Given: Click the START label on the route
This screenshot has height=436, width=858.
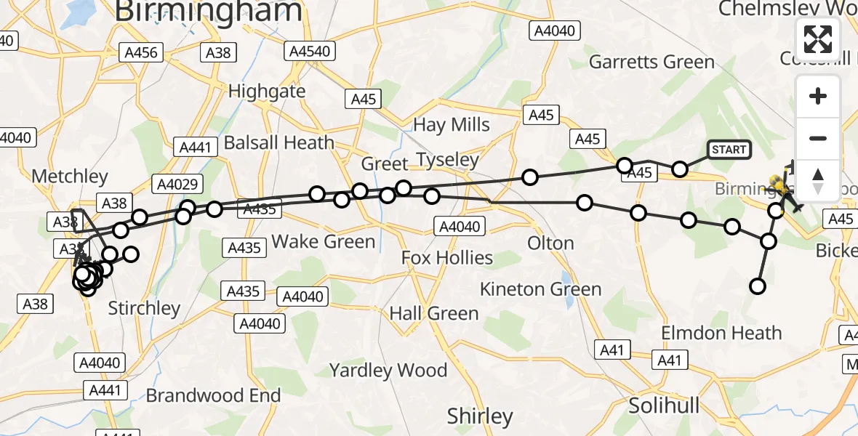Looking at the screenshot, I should click(729, 150).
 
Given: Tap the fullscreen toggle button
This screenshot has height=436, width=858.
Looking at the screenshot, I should click(818, 39).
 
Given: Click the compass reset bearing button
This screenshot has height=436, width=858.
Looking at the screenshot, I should click(818, 179).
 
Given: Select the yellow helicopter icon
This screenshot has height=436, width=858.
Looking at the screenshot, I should click(779, 182).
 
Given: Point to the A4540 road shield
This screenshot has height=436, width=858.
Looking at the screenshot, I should click(310, 52).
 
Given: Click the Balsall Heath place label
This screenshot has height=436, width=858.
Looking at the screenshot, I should click(279, 142).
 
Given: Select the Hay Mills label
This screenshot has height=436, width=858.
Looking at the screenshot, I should click(452, 124).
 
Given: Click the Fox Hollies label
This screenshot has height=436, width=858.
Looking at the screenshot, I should click(447, 257).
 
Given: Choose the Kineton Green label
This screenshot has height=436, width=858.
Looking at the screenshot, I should click(540, 289).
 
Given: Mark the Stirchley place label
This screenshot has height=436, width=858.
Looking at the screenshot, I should click(144, 308).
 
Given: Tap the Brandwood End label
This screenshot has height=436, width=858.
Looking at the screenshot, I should click(213, 395).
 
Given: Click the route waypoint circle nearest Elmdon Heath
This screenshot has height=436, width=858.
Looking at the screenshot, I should click(758, 286).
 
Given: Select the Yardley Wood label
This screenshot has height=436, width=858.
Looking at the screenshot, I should click(388, 371).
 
